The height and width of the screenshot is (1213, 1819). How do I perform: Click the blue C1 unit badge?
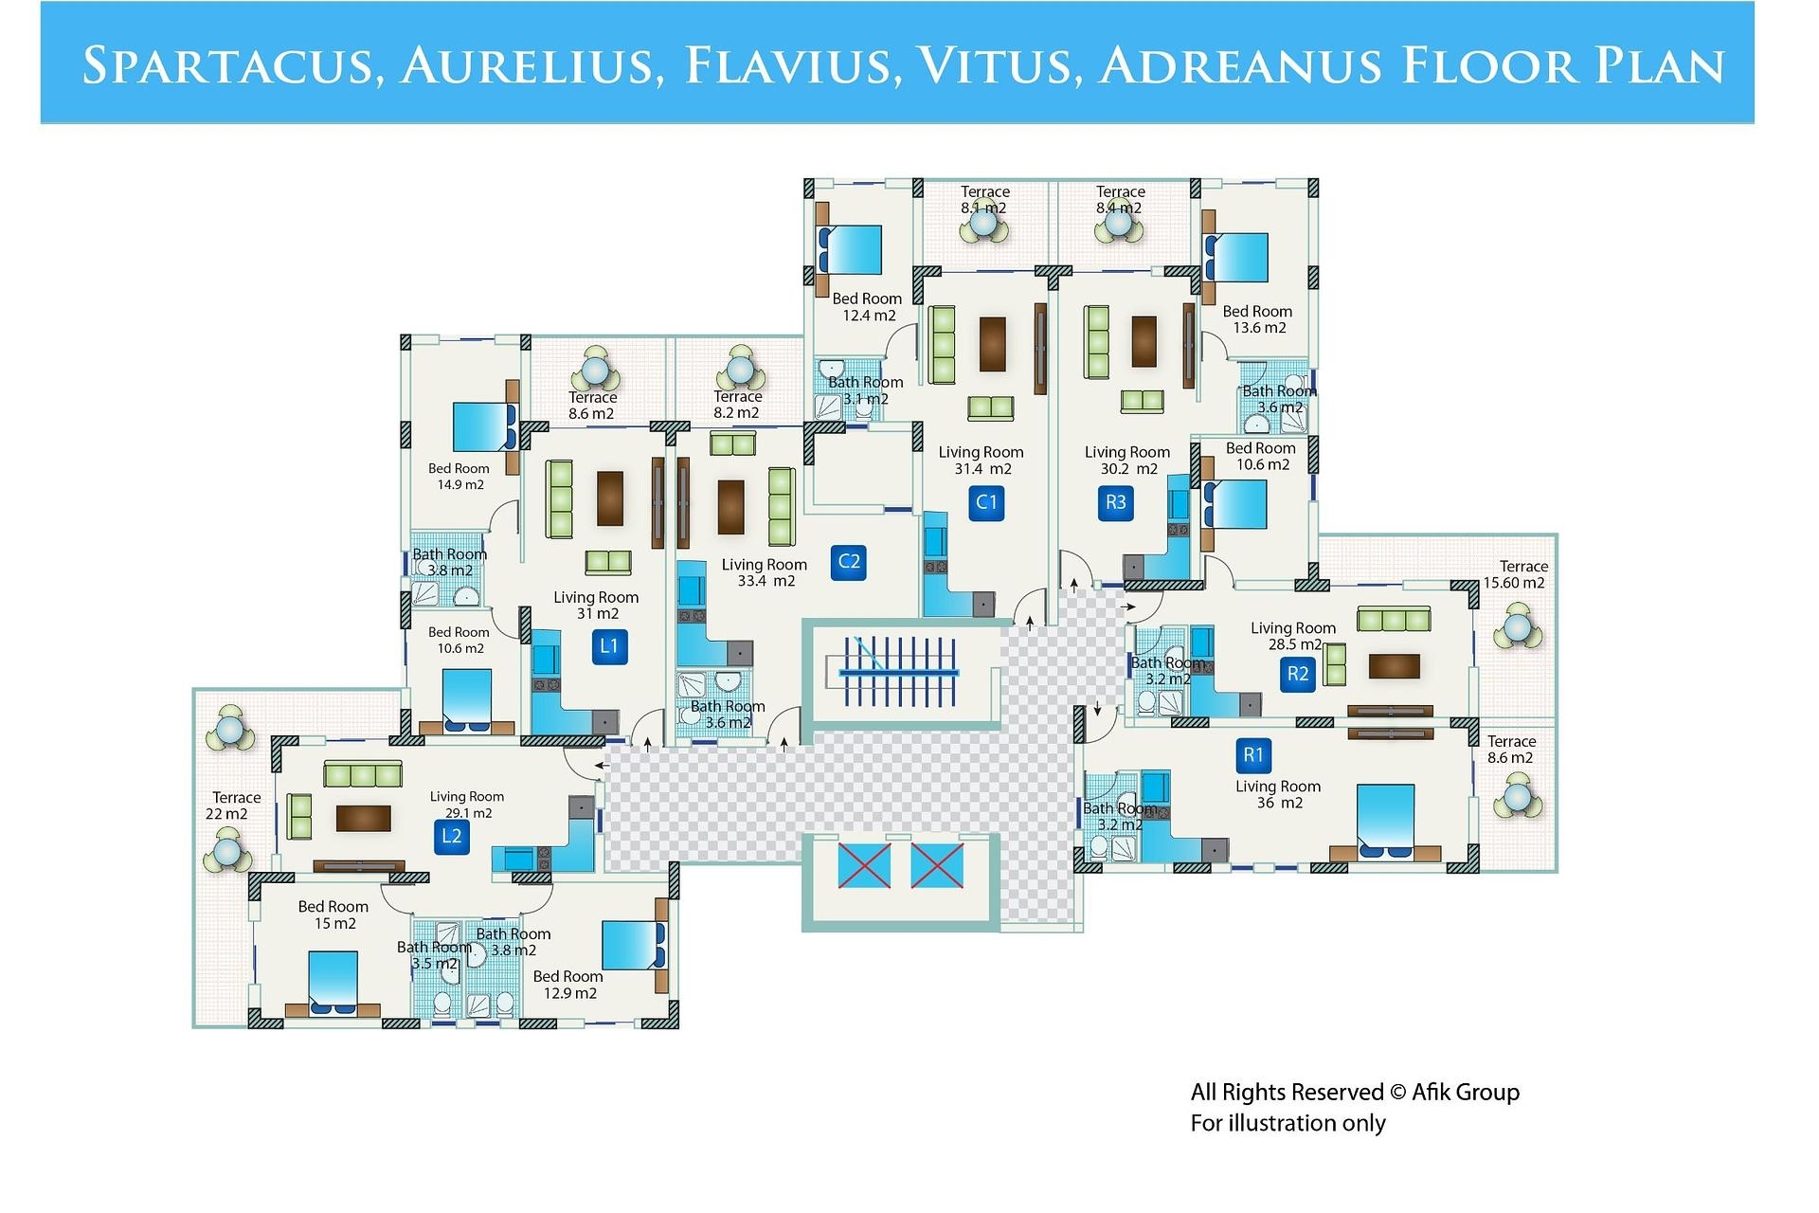point(986,502)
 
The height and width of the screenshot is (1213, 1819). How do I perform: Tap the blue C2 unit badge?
point(849,562)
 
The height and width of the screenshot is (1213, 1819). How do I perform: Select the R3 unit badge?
point(1116,502)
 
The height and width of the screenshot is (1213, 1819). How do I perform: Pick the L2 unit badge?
point(452,836)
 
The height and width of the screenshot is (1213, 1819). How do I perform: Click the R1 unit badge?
point(1253,755)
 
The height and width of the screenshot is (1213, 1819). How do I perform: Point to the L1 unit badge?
point(609,646)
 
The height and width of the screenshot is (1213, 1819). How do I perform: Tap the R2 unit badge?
point(1297,674)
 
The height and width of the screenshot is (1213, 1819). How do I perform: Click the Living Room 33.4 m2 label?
point(765,572)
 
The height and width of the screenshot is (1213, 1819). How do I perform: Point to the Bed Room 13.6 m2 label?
point(1257,319)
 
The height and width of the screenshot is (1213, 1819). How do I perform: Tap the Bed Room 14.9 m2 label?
point(459,476)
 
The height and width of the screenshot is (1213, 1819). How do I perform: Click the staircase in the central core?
point(898,672)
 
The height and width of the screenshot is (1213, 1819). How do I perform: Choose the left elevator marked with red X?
point(864,866)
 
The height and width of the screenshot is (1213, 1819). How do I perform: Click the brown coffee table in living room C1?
point(992,344)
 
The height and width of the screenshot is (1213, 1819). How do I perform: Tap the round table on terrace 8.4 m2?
point(1119,224)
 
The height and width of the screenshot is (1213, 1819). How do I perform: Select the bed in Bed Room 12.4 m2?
point(851,250)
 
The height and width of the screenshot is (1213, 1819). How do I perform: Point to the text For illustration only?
point(1288,1124)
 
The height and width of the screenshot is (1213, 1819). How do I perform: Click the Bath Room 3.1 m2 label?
point(865,390)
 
